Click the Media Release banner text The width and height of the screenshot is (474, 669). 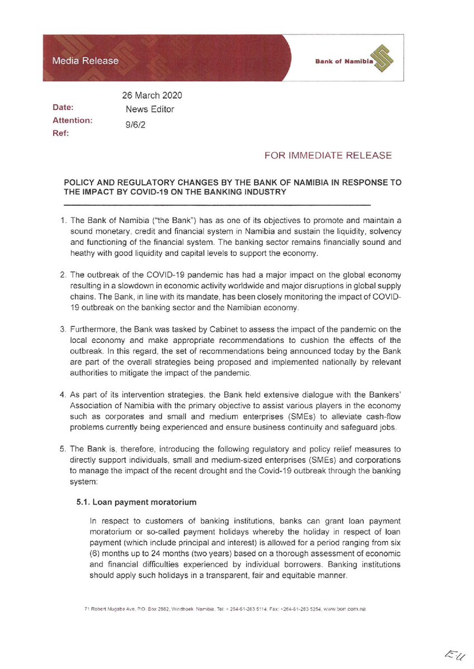click(85, 61)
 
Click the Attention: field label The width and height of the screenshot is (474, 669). click(73, 120)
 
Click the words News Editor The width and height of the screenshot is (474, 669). click(150, 110)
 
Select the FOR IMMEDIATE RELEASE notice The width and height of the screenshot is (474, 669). click(328, 156)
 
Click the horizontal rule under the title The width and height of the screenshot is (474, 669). click(218, 205)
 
